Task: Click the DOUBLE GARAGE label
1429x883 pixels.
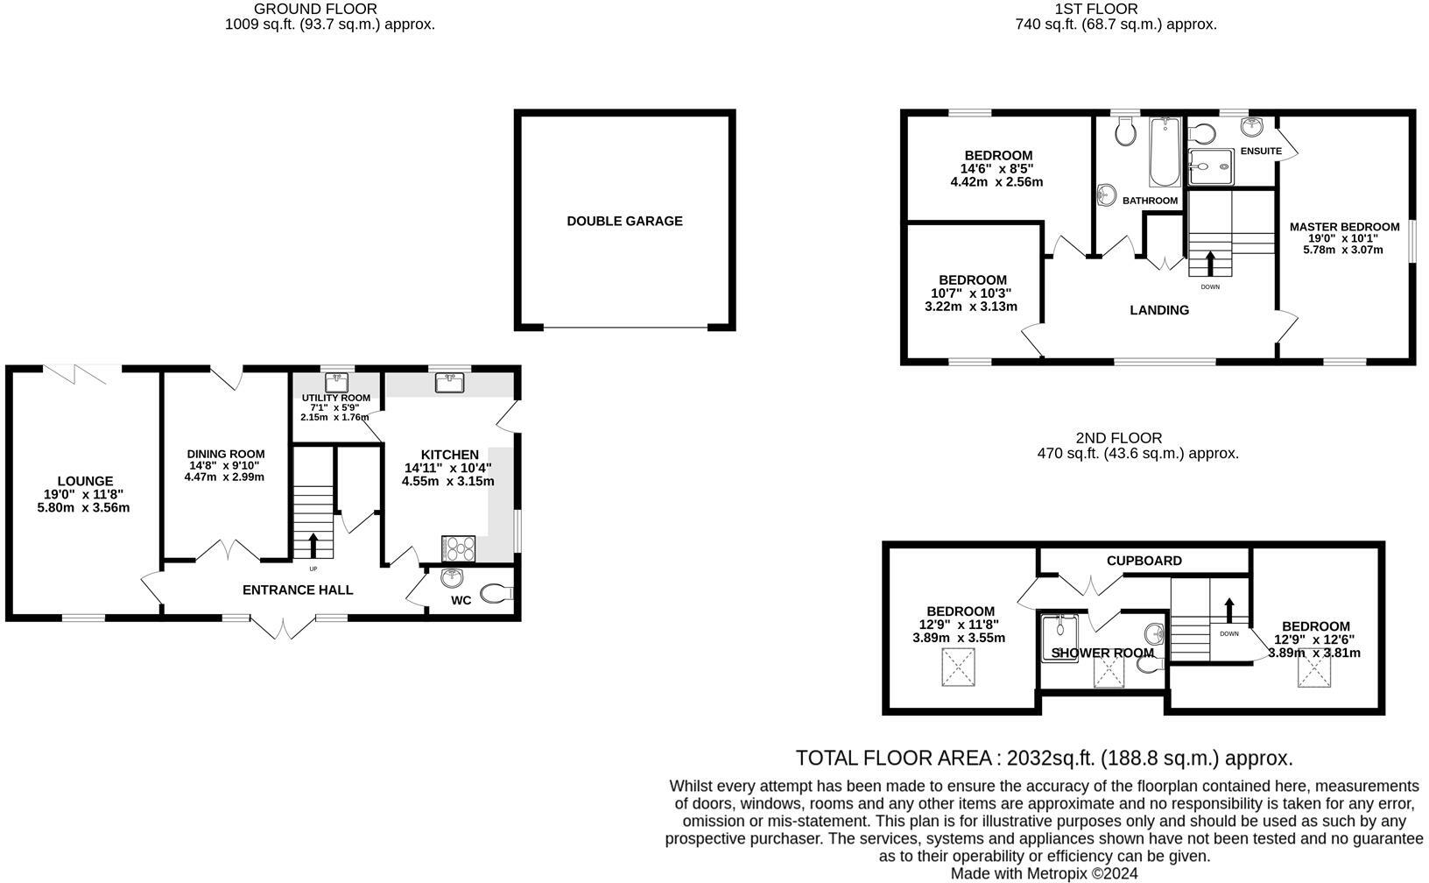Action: (x=624, y=222)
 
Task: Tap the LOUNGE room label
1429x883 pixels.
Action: (x=85, y=481)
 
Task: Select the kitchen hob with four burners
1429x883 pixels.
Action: (x=460, y=547)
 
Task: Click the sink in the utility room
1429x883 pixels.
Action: (x=337, y=382)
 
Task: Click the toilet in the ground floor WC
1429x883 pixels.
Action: (x=497, y=593)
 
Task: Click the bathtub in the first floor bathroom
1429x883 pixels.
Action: (x=1165, y=152)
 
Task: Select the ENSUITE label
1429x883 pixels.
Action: (x=1261, y=152)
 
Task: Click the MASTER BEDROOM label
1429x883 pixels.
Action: (x=1344, y=227)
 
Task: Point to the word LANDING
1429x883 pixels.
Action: (x=1159, y=310)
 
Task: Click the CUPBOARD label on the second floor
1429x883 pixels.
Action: (x=1144, y=561)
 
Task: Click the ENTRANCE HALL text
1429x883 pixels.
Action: (x=298, y=590)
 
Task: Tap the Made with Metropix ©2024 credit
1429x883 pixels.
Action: (x=1044, y=873)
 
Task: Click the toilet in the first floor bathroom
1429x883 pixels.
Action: (x=1126, y=132)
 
